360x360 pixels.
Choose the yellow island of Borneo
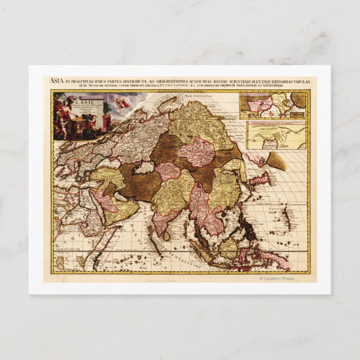pos(229,247)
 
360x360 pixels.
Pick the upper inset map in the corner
pos(272,104)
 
